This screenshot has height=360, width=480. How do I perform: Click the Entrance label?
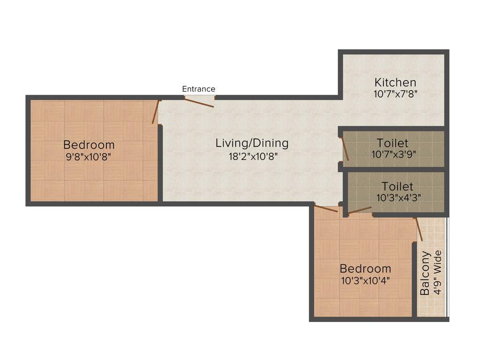point(199,89)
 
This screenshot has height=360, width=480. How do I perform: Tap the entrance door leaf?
point(200,103)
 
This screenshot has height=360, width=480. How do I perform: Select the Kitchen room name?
point(395,82)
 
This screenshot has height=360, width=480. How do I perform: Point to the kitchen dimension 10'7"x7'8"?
point(395,93)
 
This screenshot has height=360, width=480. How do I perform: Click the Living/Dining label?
point(252,143)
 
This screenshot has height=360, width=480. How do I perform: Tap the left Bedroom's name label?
point(89,144)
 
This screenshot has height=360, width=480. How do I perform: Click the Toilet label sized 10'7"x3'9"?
point(392,143)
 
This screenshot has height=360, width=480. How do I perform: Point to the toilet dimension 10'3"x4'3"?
point(398,198)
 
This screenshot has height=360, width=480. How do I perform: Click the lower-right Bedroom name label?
point(365,269)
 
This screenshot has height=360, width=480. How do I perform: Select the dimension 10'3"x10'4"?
point(365,281)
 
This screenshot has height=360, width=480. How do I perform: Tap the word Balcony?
point(425,273)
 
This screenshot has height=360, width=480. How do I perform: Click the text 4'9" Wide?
point(438,272)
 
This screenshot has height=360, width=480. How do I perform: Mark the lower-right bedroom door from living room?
point(326,209)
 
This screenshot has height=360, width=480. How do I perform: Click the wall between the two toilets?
point(393,169)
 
